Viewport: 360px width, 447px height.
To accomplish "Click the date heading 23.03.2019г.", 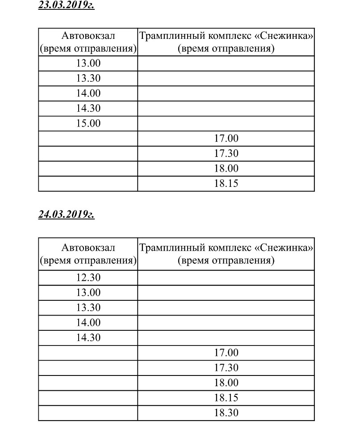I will click(x=67, y=6).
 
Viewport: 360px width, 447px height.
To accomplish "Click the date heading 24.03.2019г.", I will click(x=67, y=215).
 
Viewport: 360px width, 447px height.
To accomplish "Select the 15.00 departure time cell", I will click(x=88, y=123).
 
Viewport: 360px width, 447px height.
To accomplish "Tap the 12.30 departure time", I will click(x=88, y=278).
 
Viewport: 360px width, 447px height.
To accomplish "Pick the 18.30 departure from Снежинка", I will click(x=226, y=413).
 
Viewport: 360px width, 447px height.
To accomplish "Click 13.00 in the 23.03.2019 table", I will click(x=88, y=63).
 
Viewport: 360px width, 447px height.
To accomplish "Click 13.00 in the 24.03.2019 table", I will click(x=88, y=293).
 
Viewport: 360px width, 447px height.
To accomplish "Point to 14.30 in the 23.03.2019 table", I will click(x=88, y=108).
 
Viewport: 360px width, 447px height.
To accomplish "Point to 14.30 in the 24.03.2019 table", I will click(x=88, y=337).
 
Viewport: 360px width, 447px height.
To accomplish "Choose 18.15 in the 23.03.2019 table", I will click(x=226, y=183).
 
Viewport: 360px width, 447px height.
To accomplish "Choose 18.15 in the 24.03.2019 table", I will click(x=226, y=397).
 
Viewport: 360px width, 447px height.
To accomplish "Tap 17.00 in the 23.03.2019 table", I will click(x=226, y=139).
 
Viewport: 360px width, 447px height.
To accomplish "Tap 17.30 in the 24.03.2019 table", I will click(x=226, y=367).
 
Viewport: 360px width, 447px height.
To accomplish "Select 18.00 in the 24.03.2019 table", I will click(x=226, y=383).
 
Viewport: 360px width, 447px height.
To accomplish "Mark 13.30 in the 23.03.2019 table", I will click(x=88, y=79).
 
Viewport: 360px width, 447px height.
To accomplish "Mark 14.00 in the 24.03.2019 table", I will click(x=88, y=322).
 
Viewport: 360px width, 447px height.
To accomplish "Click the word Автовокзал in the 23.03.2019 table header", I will click(x=88, y=36).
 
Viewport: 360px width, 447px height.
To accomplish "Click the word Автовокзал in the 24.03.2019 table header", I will click(x=88, y=248).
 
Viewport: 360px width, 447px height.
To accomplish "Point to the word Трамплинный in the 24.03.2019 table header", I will click(x=168, y=248).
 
